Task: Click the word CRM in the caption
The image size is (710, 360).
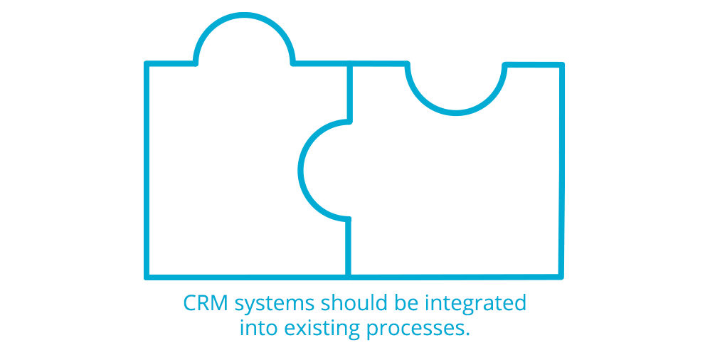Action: [x=206, y=304]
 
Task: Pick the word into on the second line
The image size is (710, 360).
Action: [x=259, y=329]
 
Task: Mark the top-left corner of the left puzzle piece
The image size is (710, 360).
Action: [x=147, y=65]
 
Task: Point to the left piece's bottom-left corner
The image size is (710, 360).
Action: [x=147, y=275]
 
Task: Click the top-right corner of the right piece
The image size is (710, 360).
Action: [x=561, y=65]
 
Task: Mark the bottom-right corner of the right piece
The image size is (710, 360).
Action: [x=560, y=275]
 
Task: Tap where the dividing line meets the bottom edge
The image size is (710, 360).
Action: [x=349, y=275]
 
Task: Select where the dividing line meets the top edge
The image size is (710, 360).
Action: [x=349, y=65]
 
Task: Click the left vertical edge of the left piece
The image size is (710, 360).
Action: [x=147, y=171]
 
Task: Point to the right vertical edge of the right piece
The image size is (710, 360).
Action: [x=561, y=171]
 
